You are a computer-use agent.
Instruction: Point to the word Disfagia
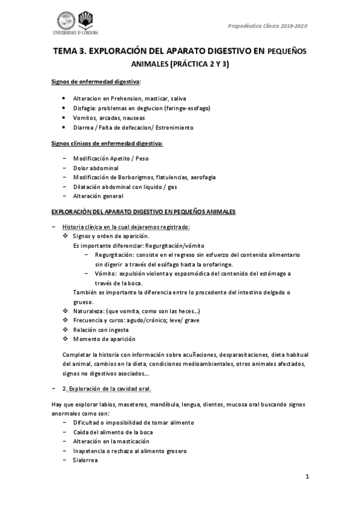coord(84,108)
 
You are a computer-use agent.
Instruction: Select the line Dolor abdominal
coord(96,167)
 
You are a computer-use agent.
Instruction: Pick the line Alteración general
coord(98,196)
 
